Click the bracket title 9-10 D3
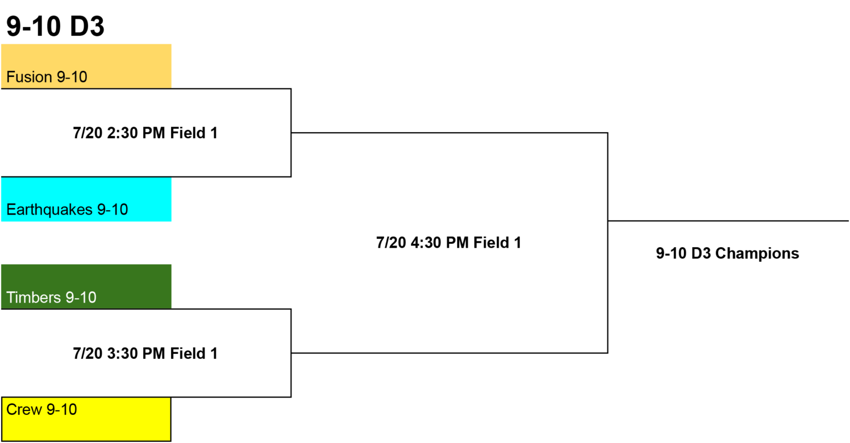(55, 26)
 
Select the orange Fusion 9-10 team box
(86, 66)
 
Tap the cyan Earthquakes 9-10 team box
(86, 199)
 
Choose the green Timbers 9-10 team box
(86, 286)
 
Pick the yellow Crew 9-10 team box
(86, 419)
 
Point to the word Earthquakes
(49, 210)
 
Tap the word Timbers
(33, 298)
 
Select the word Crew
(24, 410)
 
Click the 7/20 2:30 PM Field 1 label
(146, 133)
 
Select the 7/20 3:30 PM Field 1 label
(146, 353)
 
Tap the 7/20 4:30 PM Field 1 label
(449, 243)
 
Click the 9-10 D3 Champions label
(728, 253)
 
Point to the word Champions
(757, 253)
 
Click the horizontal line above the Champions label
(728, 221)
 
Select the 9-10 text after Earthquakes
(113, 210)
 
